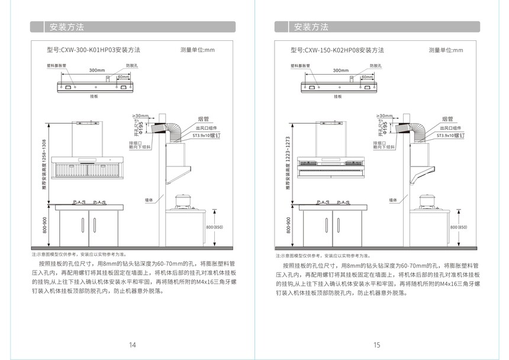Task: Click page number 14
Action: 133,345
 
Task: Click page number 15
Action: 376,345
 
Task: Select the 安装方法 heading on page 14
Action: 66,27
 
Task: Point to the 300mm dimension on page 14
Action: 97,70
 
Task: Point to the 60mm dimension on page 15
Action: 367,77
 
